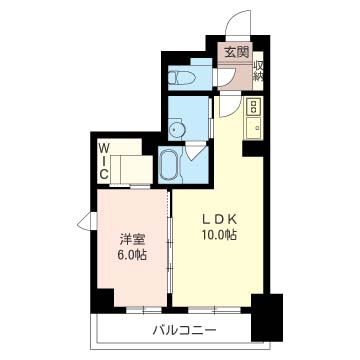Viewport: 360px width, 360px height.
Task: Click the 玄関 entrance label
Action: click(237, 53)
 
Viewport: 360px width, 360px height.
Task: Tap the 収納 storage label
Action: click(258, 71)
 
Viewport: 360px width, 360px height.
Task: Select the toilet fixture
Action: click(181, 78)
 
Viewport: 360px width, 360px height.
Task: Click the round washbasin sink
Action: click(176, 129)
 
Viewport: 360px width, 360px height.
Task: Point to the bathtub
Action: click(169, 164)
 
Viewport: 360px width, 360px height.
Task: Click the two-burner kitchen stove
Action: click(253, 106)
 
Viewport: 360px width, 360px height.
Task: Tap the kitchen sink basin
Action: click(253, 127)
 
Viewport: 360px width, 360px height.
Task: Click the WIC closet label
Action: click(104, 161)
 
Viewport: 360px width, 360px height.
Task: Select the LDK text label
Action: click(218, 219)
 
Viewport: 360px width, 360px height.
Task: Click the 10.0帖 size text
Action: click(218, 235)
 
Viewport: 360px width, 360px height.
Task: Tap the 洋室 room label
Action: click(132, 239)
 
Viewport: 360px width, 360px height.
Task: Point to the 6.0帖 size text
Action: click(132, 256)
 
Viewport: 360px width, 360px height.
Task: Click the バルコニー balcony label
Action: click(185, 331)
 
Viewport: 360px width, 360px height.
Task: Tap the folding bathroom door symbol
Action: click(194, 151)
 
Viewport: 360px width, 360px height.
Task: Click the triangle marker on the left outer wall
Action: click(87, 221)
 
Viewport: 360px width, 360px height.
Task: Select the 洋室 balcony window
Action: click(144, 310)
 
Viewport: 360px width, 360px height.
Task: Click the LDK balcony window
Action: click(214, 310)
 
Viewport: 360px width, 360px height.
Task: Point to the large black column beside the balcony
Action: click(267, 317)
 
